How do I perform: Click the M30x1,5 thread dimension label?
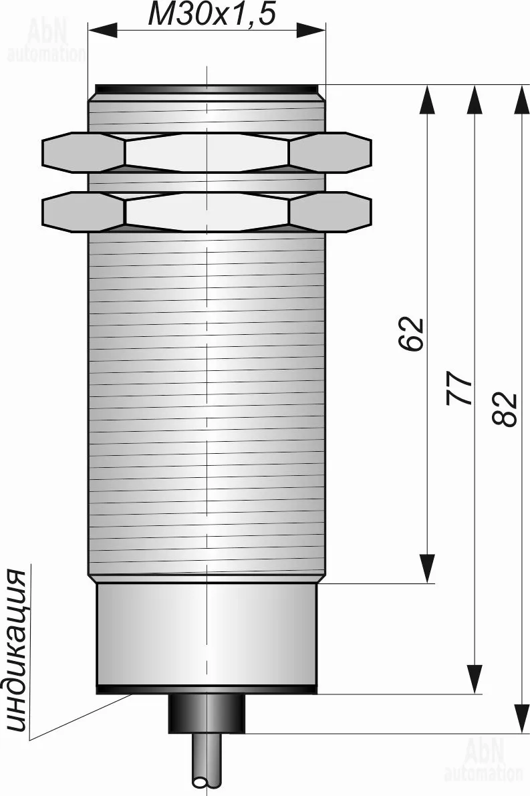[x=212, y=14]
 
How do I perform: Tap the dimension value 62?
[x=410, y=334]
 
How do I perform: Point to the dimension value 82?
[x=505, y=408]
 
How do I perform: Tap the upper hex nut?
[x=207, y=152]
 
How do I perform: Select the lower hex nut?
[x=207, y=212]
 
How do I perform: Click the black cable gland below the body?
[x=207, y=714]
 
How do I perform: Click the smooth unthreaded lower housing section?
[x=207, y=634]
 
